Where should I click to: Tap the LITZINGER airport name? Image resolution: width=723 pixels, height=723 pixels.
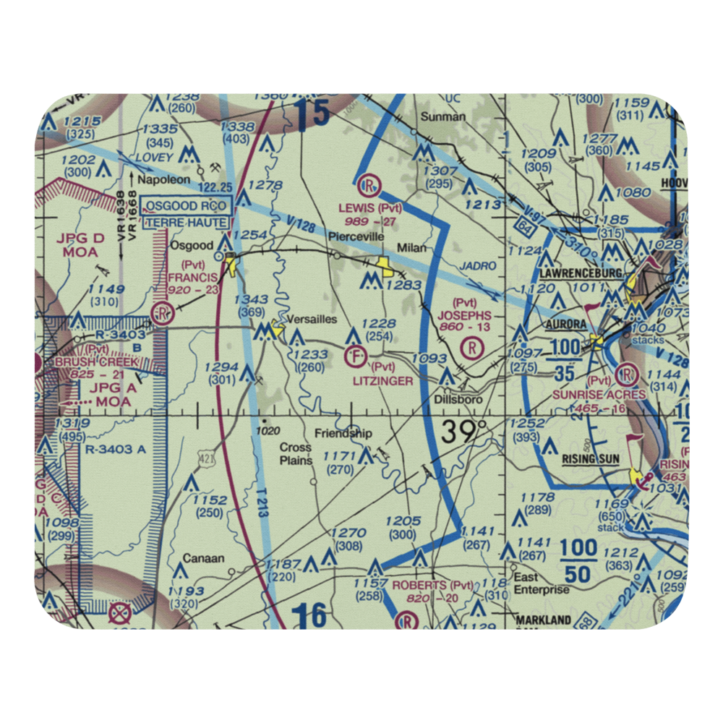tap(382, 381)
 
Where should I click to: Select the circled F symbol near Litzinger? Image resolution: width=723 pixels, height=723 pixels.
tap(354, 355)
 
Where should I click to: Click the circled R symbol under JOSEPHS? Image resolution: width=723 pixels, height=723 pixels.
tap(472, 348)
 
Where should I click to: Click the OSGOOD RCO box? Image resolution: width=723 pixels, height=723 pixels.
tap(187, 206)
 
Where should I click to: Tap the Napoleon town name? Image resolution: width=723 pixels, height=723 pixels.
tap(164, 179)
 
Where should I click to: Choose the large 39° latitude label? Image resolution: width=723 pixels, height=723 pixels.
tap(466, 432)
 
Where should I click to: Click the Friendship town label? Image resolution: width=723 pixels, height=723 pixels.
tap(343, 434)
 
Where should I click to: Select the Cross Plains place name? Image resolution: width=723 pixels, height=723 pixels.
tap(296, 454)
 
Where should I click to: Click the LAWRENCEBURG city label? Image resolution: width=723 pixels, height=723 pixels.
tap(581, 273)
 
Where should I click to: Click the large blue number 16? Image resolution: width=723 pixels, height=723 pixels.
tap(311, 617)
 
